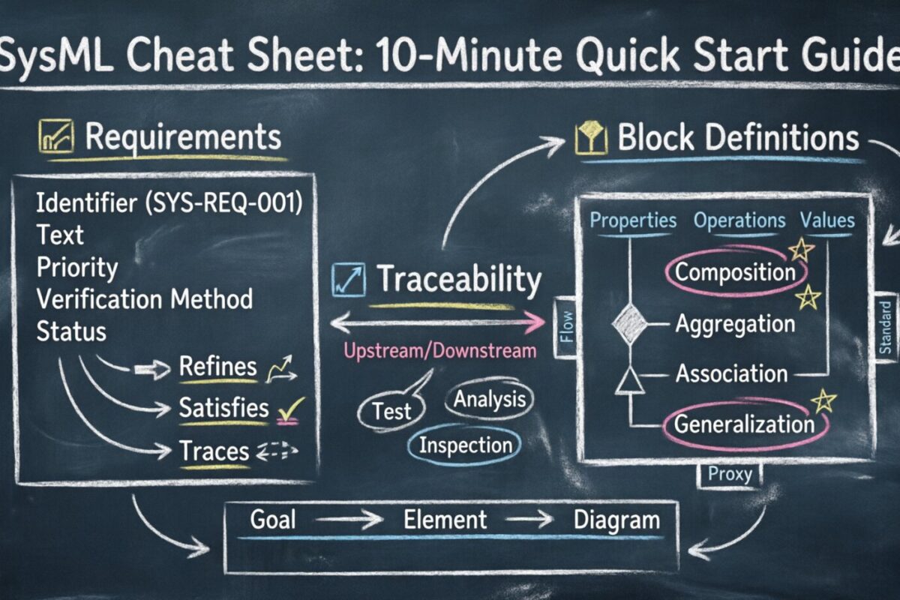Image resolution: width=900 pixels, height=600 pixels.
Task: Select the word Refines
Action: coord(217,367)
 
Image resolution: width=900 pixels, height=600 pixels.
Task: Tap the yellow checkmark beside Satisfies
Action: coord(290,409)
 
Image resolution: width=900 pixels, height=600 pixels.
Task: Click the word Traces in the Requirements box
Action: coord(214,451)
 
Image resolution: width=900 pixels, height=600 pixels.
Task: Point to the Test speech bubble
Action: coord(392,410)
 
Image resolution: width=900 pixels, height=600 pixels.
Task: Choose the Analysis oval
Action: coord(490,400)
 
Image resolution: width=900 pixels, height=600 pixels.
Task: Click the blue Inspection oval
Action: coord(464,445)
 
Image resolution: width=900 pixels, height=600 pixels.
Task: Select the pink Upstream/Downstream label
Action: coord(439,350)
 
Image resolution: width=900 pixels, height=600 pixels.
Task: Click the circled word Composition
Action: coord(734,271)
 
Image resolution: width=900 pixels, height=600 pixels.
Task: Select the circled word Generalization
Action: coord(743,424)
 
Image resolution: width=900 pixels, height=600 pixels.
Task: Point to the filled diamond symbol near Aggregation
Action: coord(629,324)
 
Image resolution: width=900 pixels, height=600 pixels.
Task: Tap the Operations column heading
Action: coord(739,220)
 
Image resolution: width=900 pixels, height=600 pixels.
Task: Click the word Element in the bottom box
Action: coord(445,520)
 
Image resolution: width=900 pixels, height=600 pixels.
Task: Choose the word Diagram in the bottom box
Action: coord(616,520)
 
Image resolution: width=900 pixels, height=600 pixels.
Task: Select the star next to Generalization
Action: coord(823,400)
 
